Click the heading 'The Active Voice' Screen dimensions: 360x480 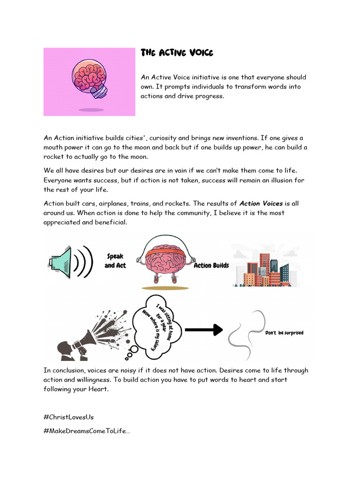pos(177,53)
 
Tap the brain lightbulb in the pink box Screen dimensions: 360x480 pos(89,78)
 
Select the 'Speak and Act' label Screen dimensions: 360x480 pos(115,261)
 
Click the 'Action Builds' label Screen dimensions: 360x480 pos(211,265)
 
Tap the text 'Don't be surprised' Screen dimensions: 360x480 pos(285,333)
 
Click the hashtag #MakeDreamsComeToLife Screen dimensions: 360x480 pos(87,431)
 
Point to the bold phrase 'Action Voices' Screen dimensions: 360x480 pos(261,203)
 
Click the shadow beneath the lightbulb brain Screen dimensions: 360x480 pos(91,110)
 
